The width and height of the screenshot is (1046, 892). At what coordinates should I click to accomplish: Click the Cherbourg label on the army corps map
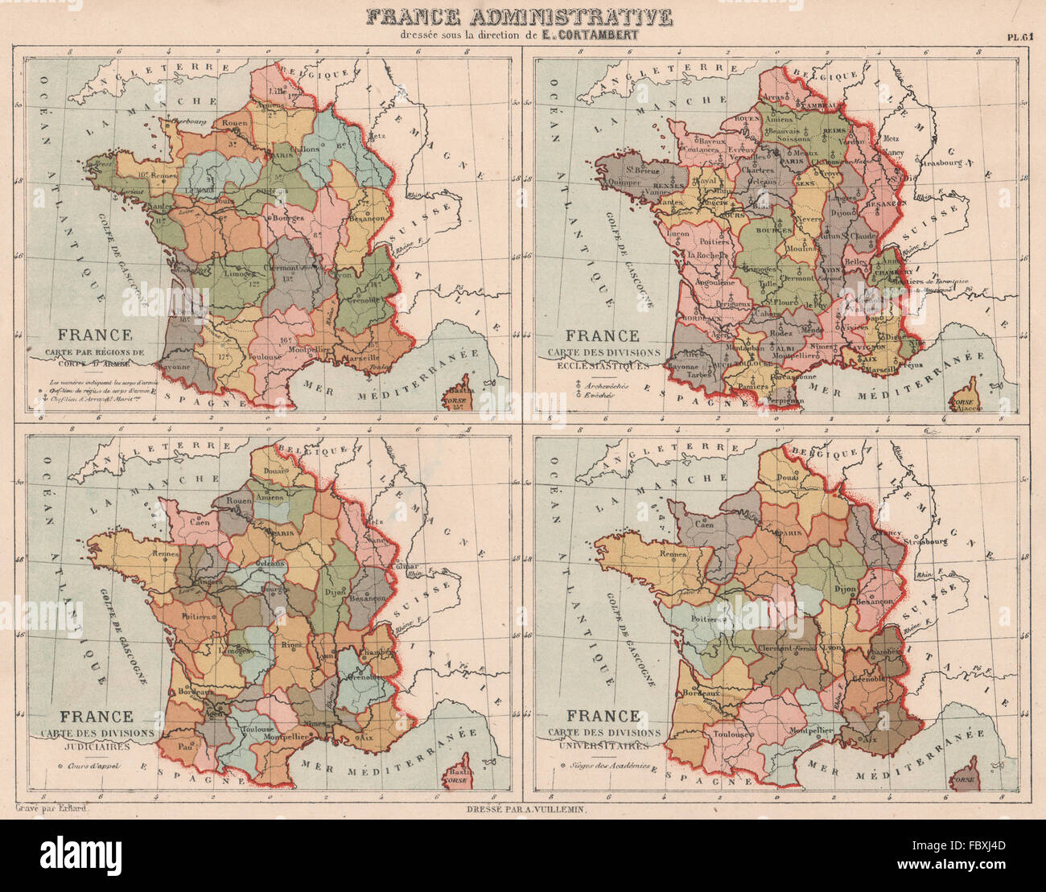tap(187, 121)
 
